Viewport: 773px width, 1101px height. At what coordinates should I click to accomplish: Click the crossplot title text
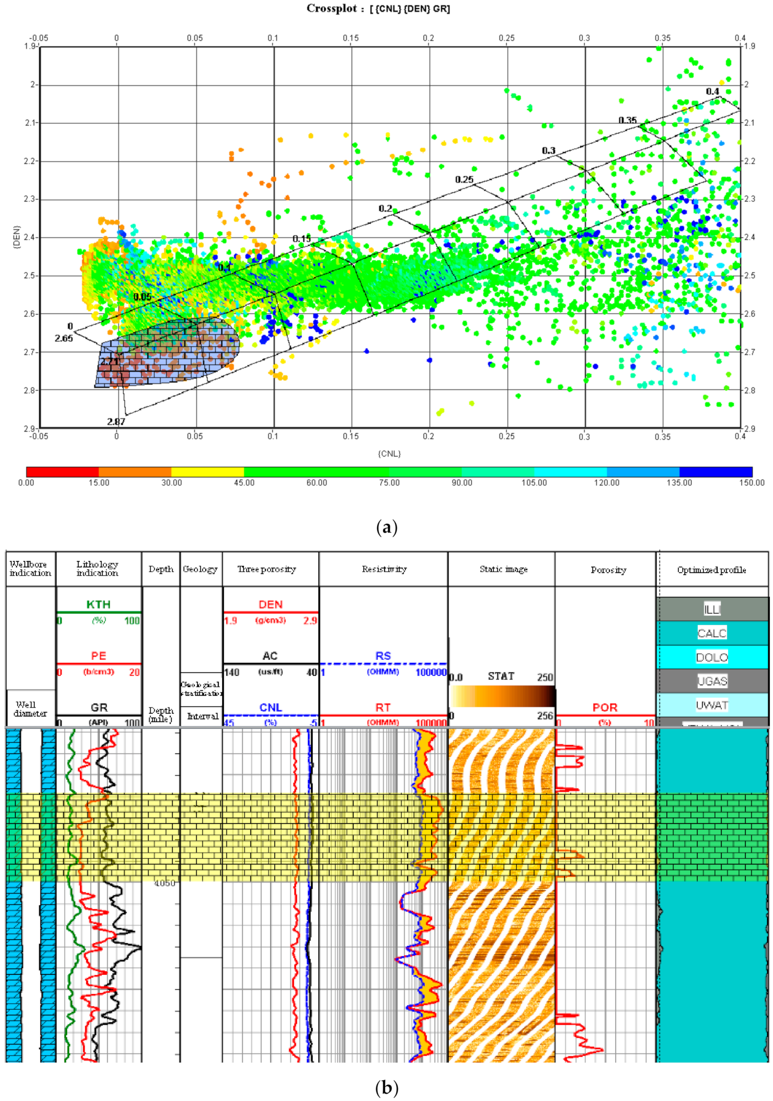pyautogui.click(x=379, y=9)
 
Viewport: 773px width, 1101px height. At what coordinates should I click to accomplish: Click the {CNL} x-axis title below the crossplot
pyautogui.click(x=389, y=453)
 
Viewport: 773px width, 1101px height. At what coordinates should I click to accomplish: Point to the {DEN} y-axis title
pyautogui.click(x=17, y=237)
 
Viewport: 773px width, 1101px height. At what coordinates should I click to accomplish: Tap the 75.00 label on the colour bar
pyautogui.click(x=389, y=482)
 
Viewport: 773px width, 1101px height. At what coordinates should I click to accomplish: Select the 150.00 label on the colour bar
pyautogui.click(x=751, y=482)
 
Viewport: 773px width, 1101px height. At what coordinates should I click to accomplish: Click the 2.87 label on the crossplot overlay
pyautogui.click(x=116, y=422)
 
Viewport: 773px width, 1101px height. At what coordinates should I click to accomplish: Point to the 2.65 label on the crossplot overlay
pyautogui.click(x=64, y=338)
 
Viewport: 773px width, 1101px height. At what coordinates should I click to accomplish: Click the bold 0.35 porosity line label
pyautogui.click(x=627, y=120)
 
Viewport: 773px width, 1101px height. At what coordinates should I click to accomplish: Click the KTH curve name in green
pyautogui.click(x=98, y=604)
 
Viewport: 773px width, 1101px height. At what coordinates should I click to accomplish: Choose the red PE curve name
pyautogui.click(x=98, y=655)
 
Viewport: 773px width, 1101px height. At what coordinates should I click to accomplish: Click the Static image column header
pyautogui.click(x=504, y=569)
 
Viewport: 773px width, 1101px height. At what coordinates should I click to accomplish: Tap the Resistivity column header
pyautogui.click(x=384, y=569)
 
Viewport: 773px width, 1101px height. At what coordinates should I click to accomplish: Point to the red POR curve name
pyautogui.click(x=605, y=707)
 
